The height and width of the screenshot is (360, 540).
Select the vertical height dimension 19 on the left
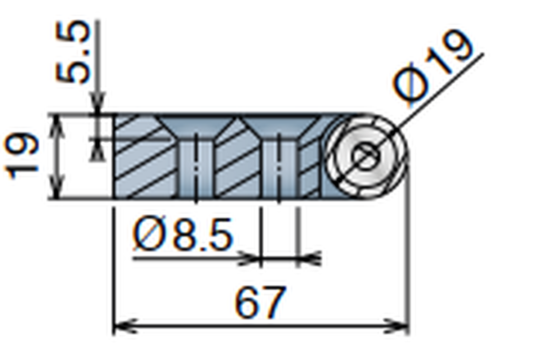point(22,156)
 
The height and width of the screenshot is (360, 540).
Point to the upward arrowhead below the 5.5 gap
point(97,150)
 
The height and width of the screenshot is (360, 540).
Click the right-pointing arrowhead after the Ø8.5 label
point(250,258)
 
